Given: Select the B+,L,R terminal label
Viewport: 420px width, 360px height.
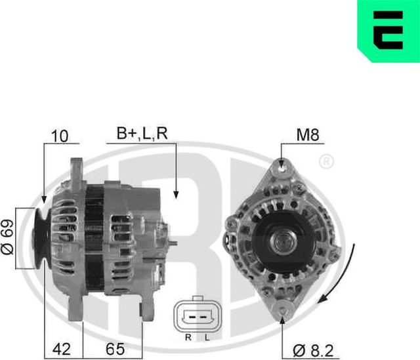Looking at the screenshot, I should (142, 133).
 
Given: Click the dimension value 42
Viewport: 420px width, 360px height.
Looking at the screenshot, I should (60, 349).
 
